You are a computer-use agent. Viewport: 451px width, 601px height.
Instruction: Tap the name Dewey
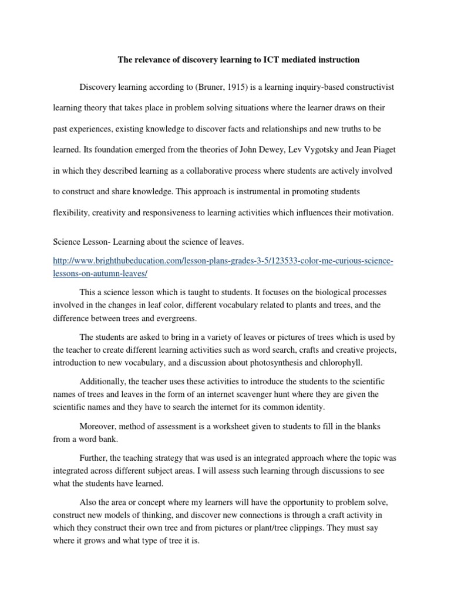(x=278, y=150)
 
